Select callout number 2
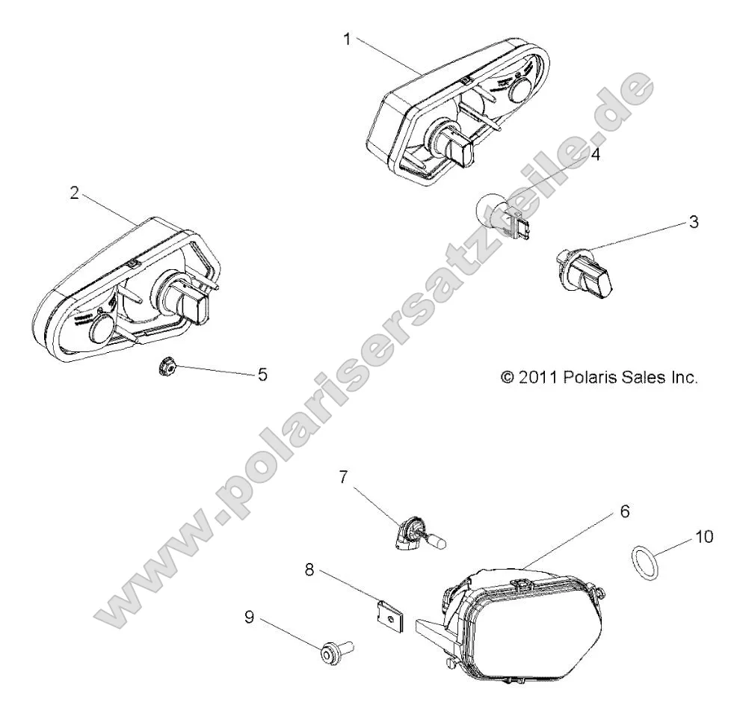[x=74, y=192]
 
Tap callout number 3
[x=694, y=222]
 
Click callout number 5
[x=262, y=374]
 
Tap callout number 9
[x=249, y=617]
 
